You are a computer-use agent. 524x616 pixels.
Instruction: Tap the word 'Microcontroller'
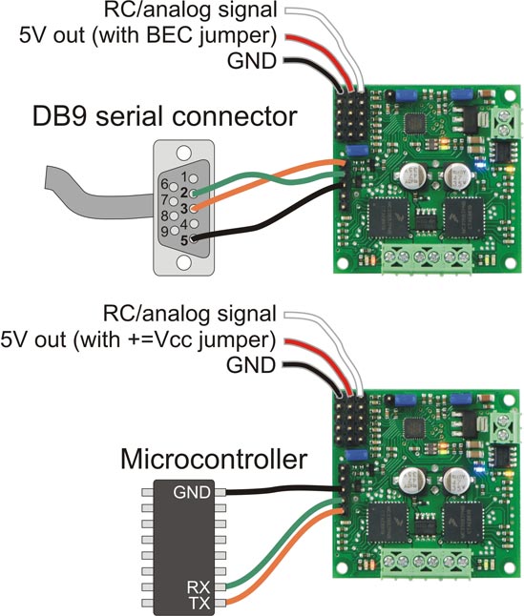click(214, 462)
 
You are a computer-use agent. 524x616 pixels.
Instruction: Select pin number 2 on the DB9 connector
click(183, 193)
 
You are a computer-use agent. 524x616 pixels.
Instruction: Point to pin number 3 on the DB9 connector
click(183, 208)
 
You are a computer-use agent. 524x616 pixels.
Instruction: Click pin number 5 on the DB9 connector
click(183, 237)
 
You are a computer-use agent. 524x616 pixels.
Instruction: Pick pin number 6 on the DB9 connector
click(164, 184)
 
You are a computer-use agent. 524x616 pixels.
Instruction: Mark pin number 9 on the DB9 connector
click(164, 230)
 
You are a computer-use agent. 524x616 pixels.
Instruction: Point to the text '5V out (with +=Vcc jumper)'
click(138, 339)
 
